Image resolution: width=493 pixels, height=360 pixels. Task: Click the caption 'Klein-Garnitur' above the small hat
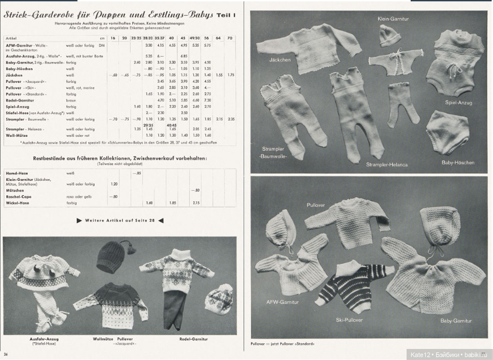click(x=394, y=19)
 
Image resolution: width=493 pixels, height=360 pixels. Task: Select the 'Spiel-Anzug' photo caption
click(x=458, y=102)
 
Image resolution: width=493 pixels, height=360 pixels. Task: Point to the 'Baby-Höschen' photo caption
click(x=458, y=162)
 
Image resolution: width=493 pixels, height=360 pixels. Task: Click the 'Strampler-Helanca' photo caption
click(x=386, y=165)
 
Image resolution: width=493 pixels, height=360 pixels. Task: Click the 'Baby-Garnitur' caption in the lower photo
click(x=455, y=320)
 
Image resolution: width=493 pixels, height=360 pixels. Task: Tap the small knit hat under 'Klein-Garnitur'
click(x=386, y=37)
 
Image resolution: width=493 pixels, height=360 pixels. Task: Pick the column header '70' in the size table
click(x=230, y=38)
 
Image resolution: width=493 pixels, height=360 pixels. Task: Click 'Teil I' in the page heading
click(x=226, y=15)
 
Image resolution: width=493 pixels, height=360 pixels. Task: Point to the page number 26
click(x=6, y=354)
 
